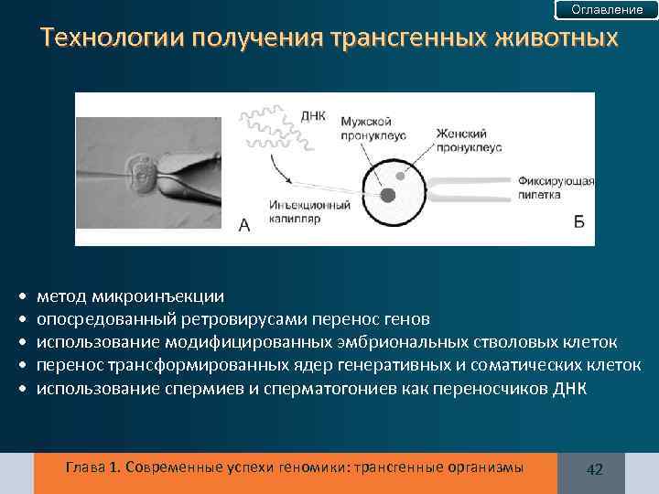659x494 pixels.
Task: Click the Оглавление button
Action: (607, 9)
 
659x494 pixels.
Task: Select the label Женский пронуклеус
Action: (468, 139)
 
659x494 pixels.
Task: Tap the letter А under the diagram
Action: (243, 225)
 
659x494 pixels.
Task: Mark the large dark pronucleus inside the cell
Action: (389, 194)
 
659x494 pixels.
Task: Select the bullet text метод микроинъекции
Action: (129, 296)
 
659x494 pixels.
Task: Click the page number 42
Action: (594, 469)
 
